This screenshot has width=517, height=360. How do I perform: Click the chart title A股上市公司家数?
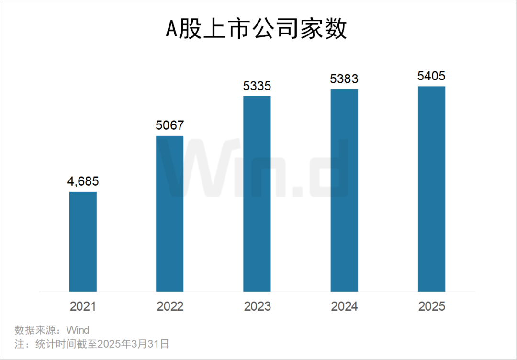[256, 29]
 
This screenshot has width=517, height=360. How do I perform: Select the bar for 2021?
[83, 242]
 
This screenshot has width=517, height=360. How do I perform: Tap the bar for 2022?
[170, 214]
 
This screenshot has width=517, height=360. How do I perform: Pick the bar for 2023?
[257, 194]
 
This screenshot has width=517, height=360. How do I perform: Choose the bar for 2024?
[344, 190]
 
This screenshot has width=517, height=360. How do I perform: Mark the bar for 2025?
[432, 189]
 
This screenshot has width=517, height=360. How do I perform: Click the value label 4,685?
[83, 181]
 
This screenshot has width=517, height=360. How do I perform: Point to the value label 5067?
[170, 125]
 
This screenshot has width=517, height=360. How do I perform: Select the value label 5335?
[257, 86]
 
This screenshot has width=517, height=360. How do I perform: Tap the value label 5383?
[344, 79]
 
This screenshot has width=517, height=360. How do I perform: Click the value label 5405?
[432, 76]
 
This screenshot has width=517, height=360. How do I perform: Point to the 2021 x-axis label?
[83, 306]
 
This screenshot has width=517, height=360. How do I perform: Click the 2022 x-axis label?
[170, 306]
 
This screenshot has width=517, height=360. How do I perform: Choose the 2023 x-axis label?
[257, 306]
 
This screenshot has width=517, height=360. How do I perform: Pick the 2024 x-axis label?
[345, 306]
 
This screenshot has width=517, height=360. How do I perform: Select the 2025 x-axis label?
[432, 306]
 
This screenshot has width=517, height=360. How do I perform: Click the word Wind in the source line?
[78, 330]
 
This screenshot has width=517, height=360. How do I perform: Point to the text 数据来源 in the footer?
[35, 330]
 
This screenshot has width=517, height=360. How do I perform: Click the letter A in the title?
[171, 29]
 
